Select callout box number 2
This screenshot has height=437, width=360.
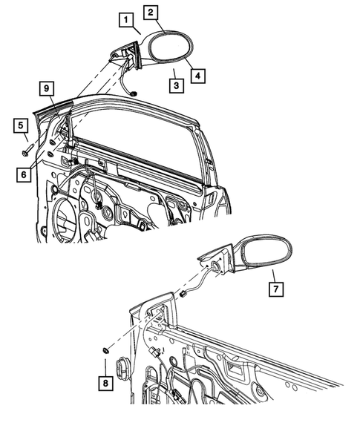[151, 12]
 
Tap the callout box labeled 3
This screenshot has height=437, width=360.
[174, 86]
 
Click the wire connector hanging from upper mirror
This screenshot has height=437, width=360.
[132, 92]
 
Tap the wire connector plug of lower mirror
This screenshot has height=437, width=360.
[182, 294]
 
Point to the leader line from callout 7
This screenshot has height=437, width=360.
[266, 275]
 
